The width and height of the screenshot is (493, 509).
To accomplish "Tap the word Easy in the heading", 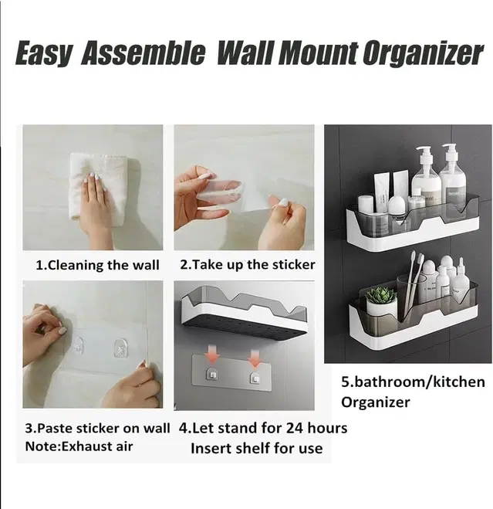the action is pyautogui.click(x=43, y=53).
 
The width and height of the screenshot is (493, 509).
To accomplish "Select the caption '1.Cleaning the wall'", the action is pyautogui.click(x=97, y=265).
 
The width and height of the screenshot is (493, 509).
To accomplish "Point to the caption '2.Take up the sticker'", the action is pyautogui.click(x=247, y=265).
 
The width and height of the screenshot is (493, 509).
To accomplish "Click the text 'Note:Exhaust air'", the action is pyautogui.click(x=79, y=446).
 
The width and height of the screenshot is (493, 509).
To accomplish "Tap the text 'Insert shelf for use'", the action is pyautogui.click(x=257, y=448).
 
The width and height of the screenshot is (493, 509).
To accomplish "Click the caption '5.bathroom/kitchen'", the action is pyautogui.click(x=413, y=382).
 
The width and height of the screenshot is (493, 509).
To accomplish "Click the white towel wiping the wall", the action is pyautogui.click(x=97, y=187).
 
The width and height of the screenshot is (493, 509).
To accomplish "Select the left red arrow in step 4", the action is pyautogui.click(x=212, y=358).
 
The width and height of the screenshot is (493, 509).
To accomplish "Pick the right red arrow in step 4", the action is pyautogui.click(x=255, y=358).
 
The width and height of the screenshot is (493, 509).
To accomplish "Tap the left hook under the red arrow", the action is pyautogui.click(x=212, y=375).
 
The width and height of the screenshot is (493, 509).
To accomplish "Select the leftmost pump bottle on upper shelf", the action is pyautogui.click(x=426, y=175).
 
